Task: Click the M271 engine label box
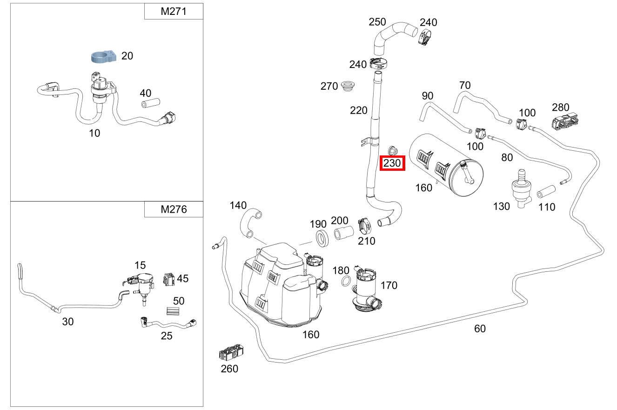click(x=174, y=12)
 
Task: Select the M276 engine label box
click(x=174, y=209)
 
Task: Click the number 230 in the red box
click(x=392, y=163)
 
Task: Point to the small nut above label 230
click(x=392, y=150)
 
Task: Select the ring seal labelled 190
click(x=322, y=238)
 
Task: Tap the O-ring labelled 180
click(x=346, y=282)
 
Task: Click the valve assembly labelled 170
click(x=366, y=289)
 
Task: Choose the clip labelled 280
click(x=566, y=122)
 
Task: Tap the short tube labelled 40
click(x=150, y=102)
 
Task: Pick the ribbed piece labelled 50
click(x=173, y=312)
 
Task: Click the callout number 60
click(x=480, y=329)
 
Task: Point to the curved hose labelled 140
click(x=250, y=222)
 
